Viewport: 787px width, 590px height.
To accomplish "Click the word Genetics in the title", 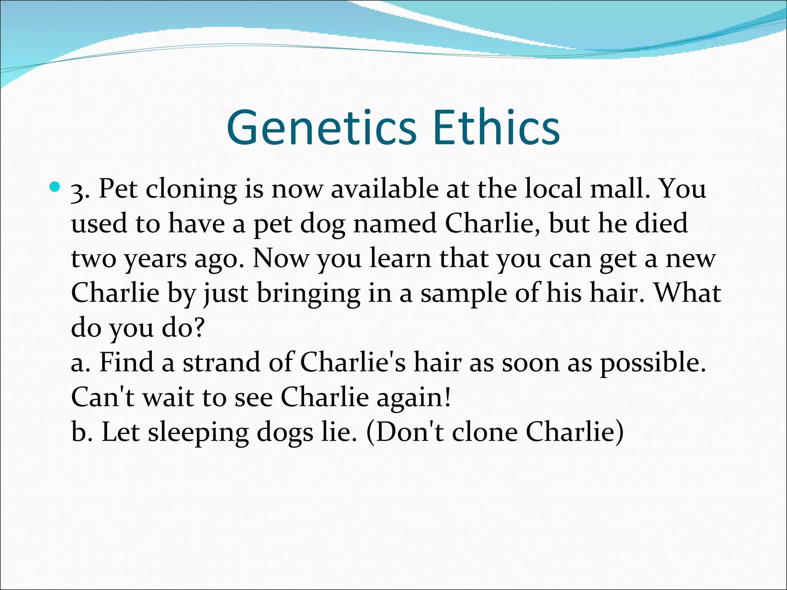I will [321, 128].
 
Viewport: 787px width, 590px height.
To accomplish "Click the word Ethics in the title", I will [496, 128].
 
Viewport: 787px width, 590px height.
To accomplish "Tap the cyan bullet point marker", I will [55, 187].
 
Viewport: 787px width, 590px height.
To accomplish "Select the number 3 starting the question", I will [78, 191].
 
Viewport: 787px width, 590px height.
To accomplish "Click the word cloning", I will [191, 189].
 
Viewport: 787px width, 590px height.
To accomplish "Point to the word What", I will [687, 293].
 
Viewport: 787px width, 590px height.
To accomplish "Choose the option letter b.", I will [79, 432].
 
